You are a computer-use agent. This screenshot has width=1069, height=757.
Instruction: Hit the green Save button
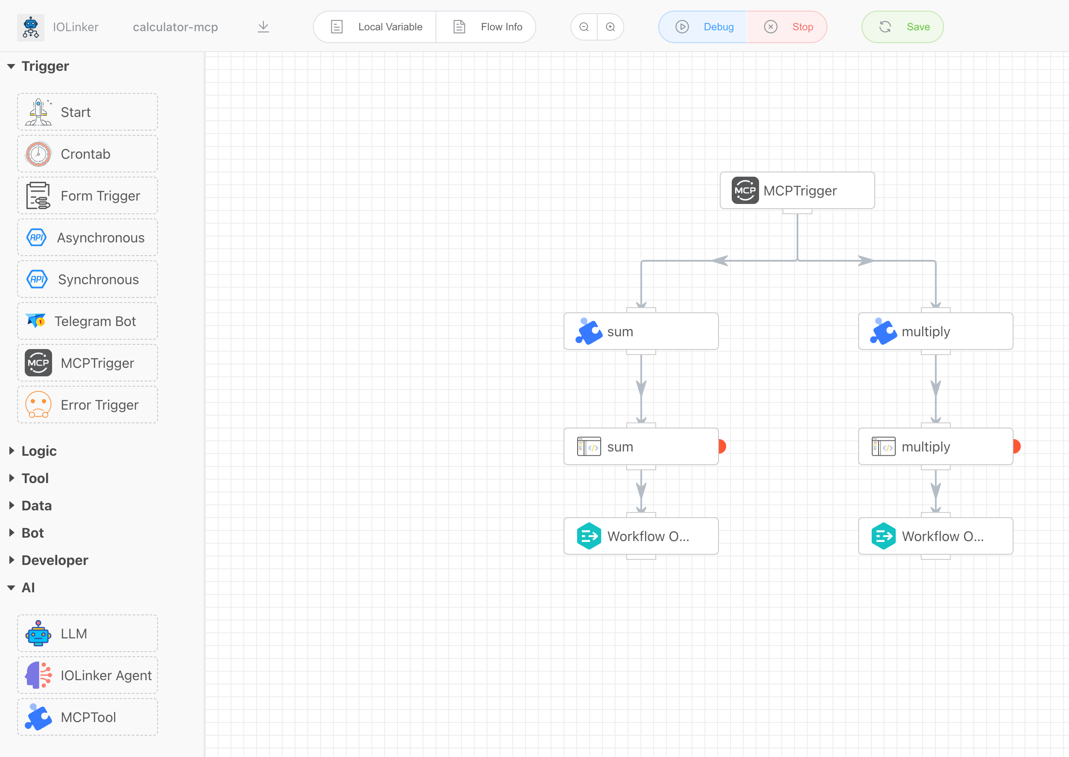(902, 27)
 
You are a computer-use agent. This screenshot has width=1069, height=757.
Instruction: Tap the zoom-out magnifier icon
(584, 27)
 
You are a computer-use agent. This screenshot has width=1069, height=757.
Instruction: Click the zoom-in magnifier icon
(610, 27)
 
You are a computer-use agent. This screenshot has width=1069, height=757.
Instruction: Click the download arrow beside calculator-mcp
(263, 27)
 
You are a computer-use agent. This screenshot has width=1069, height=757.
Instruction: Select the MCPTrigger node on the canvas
(797, 191)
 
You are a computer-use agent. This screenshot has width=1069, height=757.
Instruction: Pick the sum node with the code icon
(641, 446)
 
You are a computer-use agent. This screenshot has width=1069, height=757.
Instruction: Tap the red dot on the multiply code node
(1017, 446)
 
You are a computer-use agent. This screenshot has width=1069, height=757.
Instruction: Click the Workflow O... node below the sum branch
(641, 536)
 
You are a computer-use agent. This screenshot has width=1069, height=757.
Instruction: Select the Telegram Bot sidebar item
(88, 321)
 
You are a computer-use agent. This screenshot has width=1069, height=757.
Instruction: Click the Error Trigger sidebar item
(88, 405)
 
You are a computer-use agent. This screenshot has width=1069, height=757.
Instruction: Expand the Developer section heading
(55, 560)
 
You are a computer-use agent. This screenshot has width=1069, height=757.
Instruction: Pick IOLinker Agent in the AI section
(88, 675)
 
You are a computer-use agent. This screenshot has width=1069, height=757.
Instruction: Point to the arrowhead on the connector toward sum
(720, 261)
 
